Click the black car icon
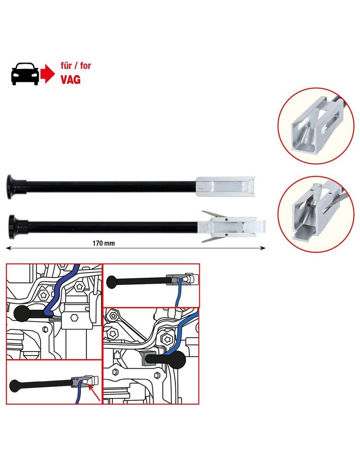24,73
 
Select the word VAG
71,80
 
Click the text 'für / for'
76,66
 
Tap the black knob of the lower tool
14,223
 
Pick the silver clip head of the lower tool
229,224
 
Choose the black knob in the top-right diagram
111,282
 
